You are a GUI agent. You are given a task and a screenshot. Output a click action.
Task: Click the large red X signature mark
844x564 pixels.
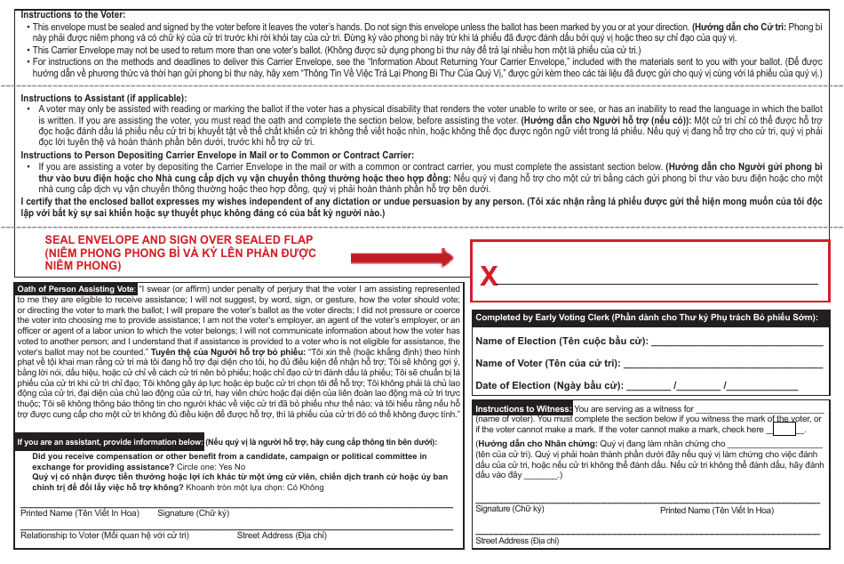[489, 277]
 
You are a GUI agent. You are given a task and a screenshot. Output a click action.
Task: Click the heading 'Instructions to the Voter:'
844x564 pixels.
[73, 15]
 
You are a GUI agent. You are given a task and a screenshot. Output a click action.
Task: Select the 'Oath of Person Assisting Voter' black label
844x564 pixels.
[77, 289]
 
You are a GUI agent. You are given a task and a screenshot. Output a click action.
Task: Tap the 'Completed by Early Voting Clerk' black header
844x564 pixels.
[649, 318]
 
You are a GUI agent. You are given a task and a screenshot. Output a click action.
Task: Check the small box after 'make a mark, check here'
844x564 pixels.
[784, 429]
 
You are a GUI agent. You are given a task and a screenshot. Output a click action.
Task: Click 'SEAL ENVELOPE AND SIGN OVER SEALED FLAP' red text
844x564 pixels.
[179, 240]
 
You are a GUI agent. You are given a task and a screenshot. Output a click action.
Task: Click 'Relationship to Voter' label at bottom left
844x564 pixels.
[105, 536]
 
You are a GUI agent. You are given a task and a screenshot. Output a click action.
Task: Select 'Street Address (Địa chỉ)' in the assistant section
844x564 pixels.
[282, 536]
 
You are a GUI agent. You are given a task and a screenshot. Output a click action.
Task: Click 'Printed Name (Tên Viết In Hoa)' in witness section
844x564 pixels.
[716, 511]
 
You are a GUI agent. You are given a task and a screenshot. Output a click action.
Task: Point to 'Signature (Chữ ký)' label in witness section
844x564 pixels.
[509, 509]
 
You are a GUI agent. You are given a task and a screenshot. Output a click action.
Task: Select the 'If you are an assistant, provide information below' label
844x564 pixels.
[110, 442]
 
